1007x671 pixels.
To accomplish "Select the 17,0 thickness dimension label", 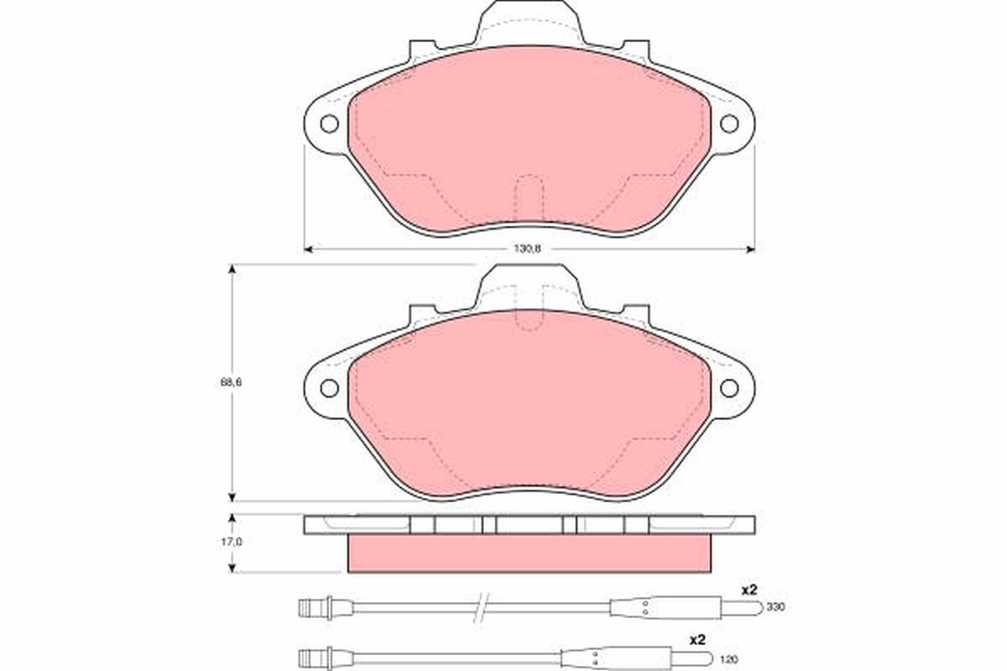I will pos(232,542).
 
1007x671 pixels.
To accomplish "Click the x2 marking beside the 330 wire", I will pos(749,590).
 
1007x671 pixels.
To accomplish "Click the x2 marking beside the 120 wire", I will pos(697,640).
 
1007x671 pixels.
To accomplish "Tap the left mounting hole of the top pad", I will pos(329,123).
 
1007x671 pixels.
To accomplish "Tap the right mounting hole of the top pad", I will pos(728,123).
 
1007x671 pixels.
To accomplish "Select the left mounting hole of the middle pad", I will pos(329,388).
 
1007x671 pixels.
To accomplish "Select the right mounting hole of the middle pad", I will pos(728,388).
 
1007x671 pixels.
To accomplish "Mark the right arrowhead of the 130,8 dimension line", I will pos(750,249).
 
